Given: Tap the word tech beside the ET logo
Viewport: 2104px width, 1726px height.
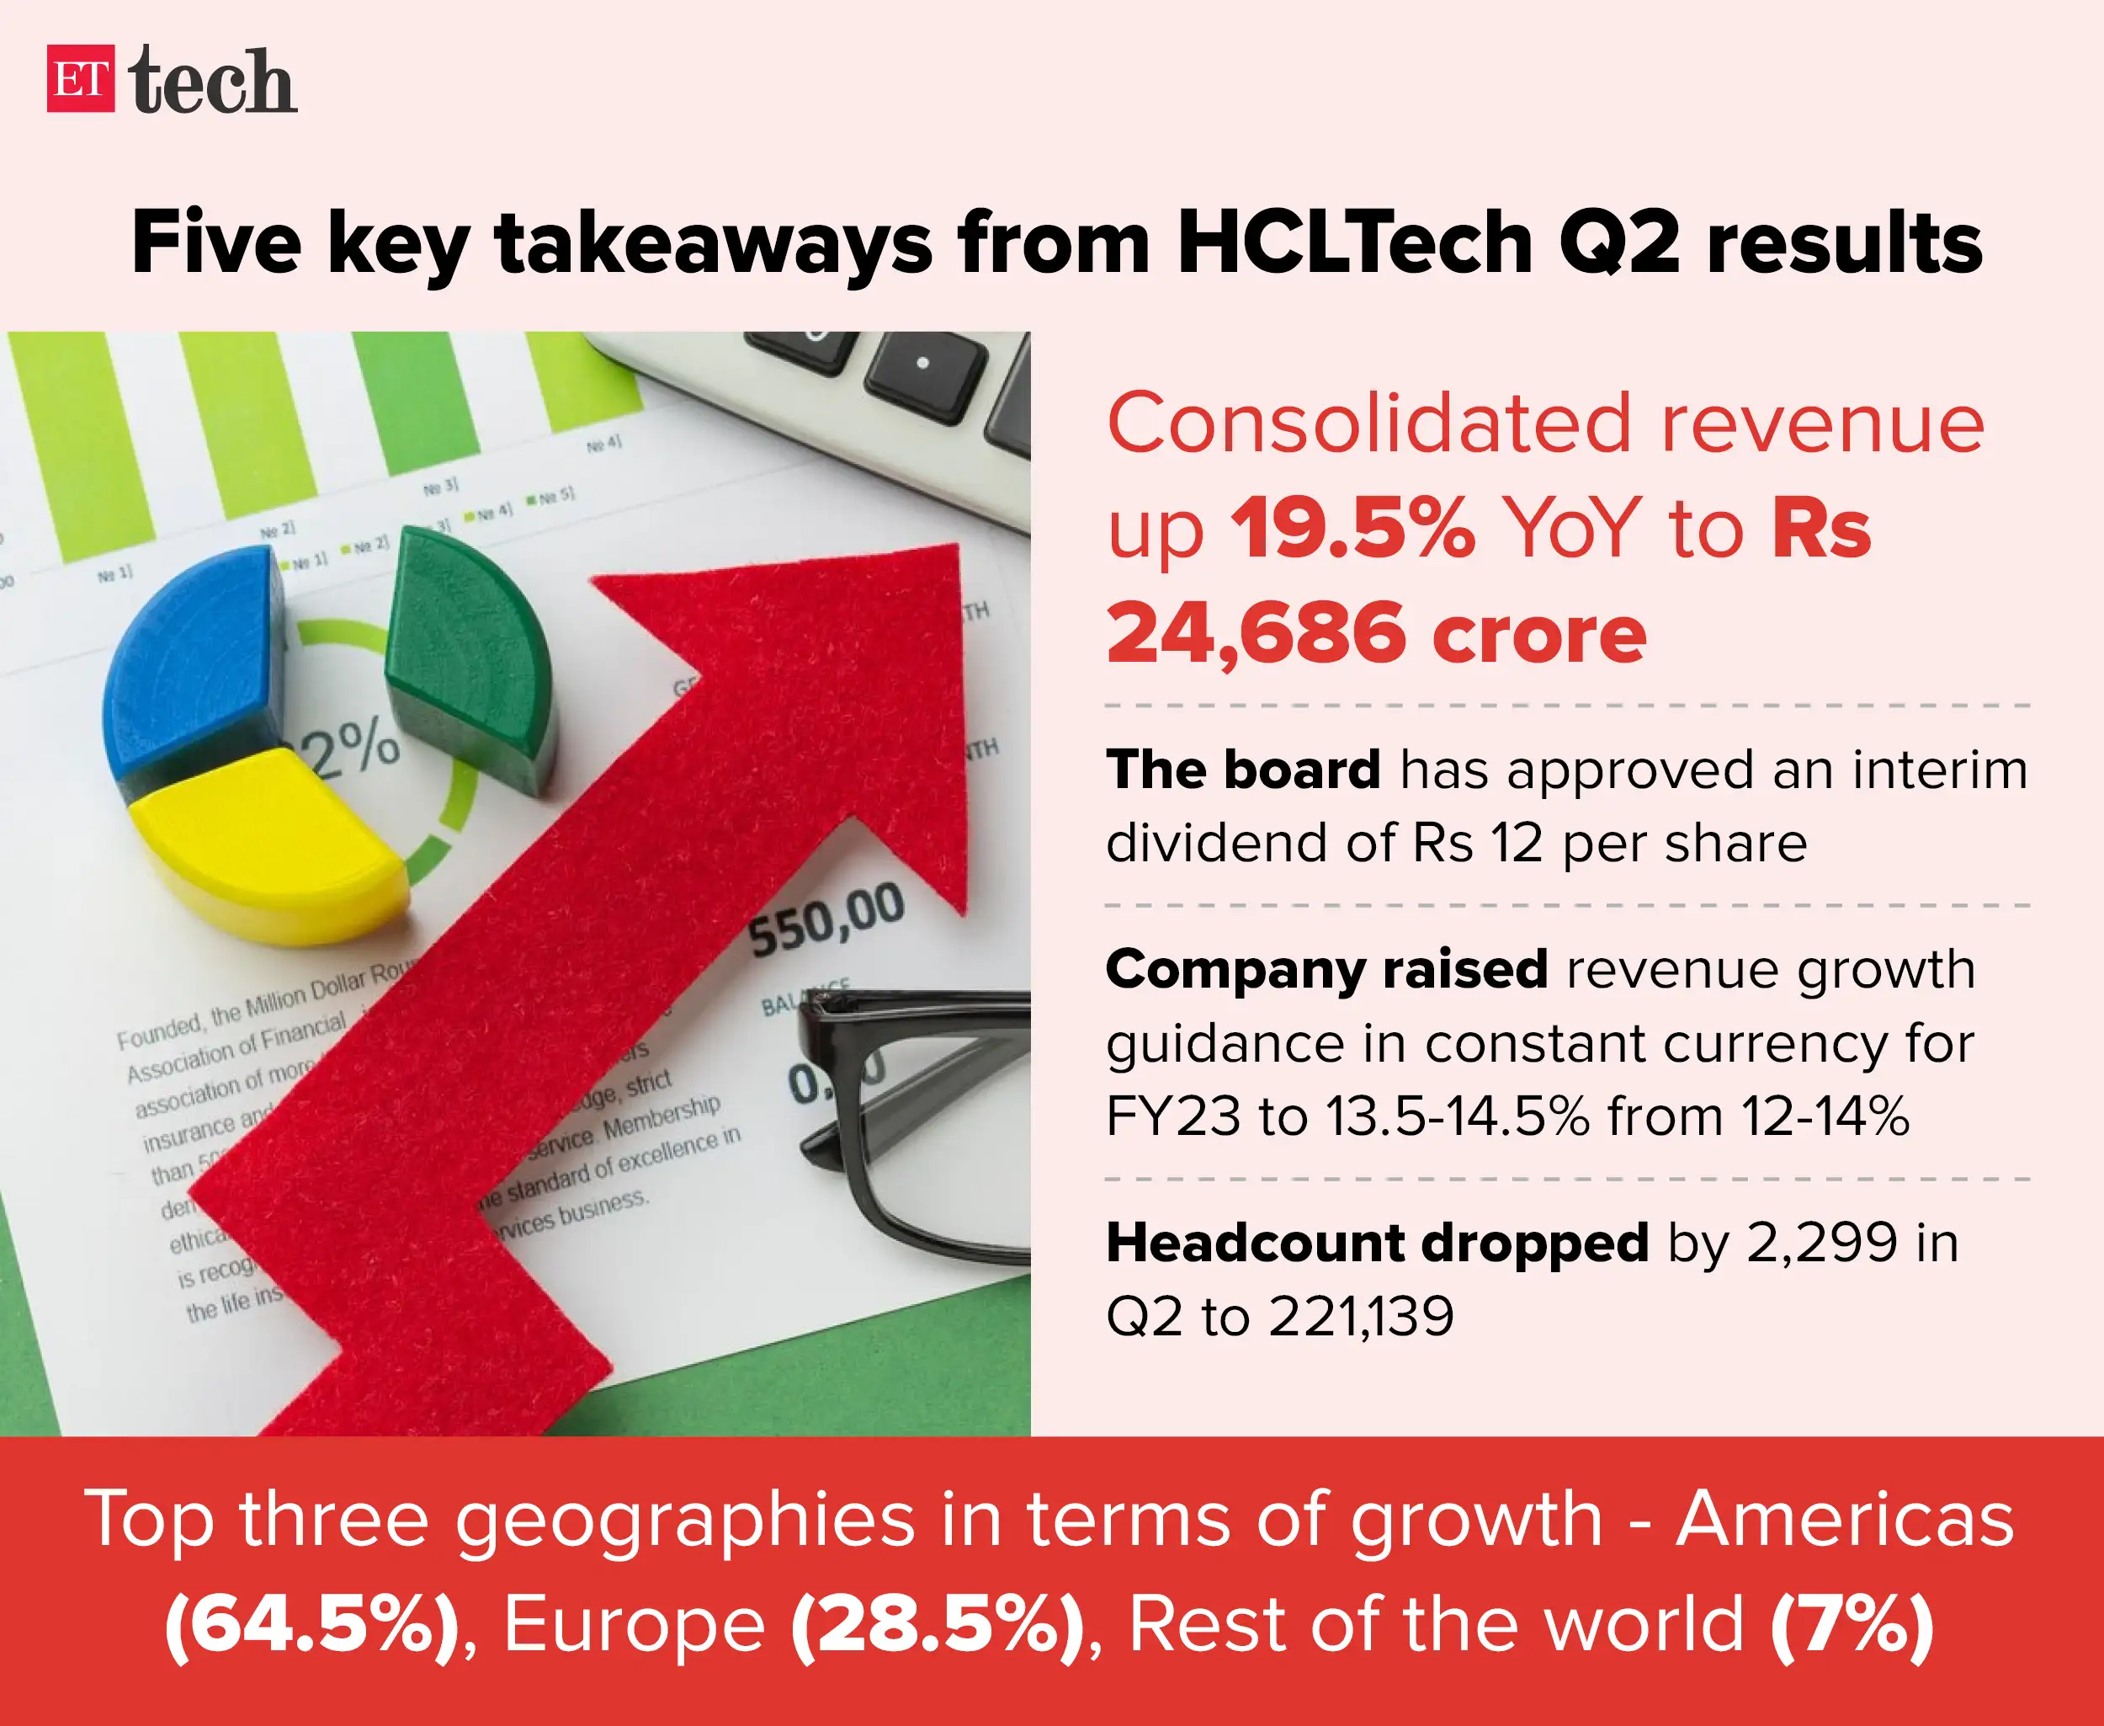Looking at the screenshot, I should point(212,82).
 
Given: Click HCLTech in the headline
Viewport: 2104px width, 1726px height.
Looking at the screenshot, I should point(1356,243).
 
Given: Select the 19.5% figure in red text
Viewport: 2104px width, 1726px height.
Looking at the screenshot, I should point(1352,528).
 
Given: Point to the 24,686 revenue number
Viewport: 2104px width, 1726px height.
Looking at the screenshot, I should point(1257,633).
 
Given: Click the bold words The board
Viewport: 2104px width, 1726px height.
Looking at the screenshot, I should point(1242,770).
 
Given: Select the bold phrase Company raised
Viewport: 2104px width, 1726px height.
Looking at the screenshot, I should point(1326,969).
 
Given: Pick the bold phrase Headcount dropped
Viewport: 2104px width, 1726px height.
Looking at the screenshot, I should point(1378,1243).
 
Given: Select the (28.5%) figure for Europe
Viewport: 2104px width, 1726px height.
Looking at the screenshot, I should point(936,1625).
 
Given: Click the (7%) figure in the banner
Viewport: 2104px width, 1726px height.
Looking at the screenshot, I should point(1852,1625).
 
